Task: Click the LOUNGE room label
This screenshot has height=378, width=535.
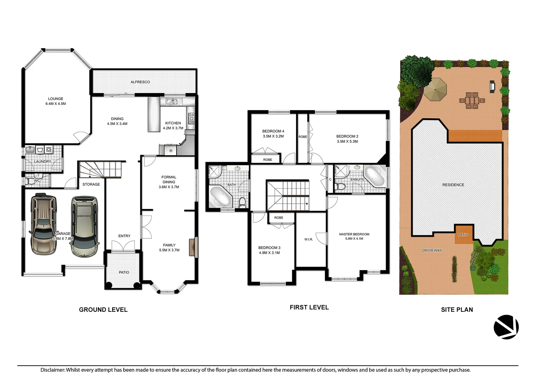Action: (56, 99)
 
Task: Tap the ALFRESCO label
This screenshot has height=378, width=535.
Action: (140, 82)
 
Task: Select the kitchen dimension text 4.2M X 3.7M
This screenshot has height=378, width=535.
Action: (173, 128)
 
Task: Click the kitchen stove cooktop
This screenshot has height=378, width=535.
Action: (191, 119)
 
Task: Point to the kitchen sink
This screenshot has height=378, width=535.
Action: (172, 102)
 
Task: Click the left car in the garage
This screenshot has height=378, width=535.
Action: (43, 224)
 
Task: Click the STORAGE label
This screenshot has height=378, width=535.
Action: (91, 184)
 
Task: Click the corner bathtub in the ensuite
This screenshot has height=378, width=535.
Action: (374, 175)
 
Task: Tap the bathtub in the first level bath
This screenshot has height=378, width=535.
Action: (220, 196)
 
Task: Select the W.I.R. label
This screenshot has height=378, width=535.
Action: (309, 239)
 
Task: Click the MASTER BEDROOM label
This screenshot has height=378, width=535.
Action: (354, 234)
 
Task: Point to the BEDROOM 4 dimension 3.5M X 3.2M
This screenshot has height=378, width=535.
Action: (273, 136)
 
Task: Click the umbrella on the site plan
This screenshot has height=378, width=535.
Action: (435, 89)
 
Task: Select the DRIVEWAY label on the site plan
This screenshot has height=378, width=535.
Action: (432, 250)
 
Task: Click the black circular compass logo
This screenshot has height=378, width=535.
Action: (506, 327)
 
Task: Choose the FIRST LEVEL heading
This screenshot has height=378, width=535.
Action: (309, 307)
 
